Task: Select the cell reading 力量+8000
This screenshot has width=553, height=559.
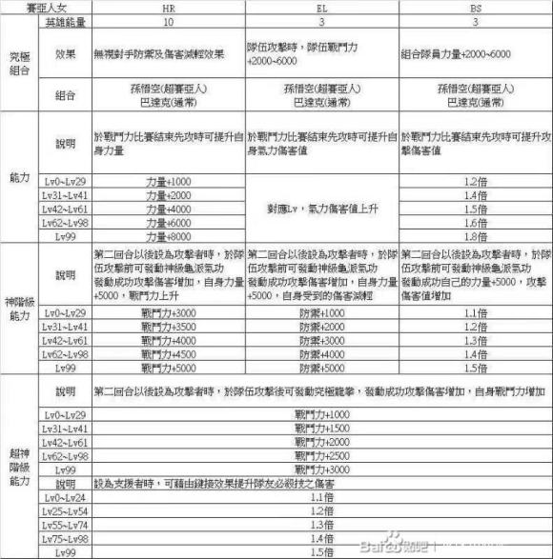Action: click(168, 236)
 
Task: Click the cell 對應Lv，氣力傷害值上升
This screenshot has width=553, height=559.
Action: click(321, 208)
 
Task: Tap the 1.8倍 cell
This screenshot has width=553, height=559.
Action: click(474, 236)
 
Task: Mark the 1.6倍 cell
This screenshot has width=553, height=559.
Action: click(474, 222)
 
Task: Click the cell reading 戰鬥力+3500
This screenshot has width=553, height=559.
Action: click(168, 327)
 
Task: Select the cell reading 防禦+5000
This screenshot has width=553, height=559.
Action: click(321, 368)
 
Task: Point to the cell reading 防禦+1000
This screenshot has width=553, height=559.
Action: click(321, 312)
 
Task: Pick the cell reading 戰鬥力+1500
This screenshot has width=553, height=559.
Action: click(321, 429)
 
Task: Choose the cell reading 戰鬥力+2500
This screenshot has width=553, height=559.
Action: click(321, 457)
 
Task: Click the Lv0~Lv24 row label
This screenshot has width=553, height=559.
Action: click(66, 498)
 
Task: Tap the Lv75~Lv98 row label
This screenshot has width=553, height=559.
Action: click(66, 539)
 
